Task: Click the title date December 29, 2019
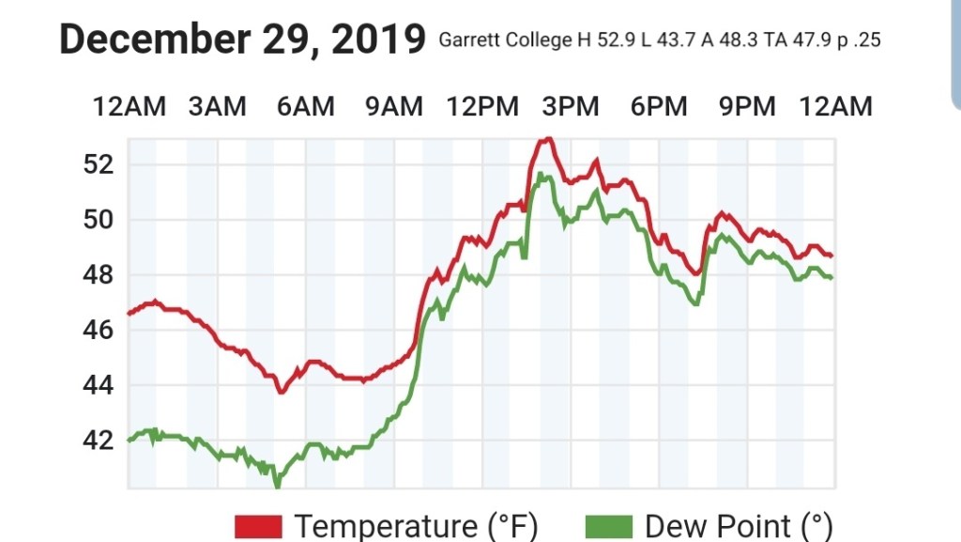pos(242,39)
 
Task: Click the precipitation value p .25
pos(858,41)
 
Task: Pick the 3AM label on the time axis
pos(217,106)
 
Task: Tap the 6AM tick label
pos(305,106)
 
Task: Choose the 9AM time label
pos(393,106)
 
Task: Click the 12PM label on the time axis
pos(482,106)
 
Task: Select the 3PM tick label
pos(571,106)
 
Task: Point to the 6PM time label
pos(659,106)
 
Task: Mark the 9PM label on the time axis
pos(747,106)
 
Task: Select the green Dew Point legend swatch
pos(606,526)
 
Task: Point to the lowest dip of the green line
pos(277,485)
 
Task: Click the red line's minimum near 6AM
pos(280,391)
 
